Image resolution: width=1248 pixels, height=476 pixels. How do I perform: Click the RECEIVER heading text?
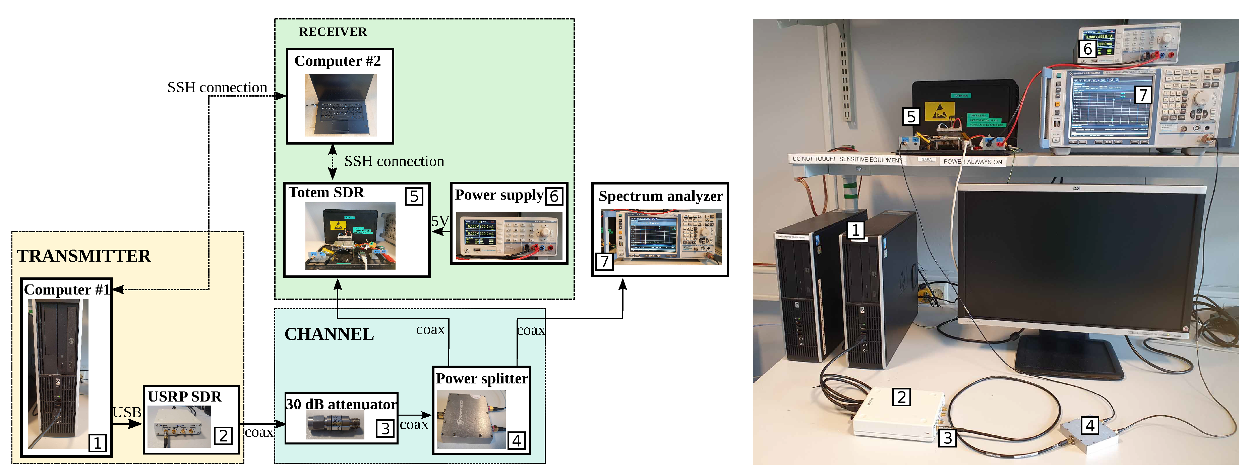333,32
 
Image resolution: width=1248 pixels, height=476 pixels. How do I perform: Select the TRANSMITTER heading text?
84,256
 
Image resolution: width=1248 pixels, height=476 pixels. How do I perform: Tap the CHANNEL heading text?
329,334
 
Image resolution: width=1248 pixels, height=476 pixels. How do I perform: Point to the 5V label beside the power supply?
440,221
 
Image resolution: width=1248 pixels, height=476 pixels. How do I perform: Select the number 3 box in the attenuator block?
385,428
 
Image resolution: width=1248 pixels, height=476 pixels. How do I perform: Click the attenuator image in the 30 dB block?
335,425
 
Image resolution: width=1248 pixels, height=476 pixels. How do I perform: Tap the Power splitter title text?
482,378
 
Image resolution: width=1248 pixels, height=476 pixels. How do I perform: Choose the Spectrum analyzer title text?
660,196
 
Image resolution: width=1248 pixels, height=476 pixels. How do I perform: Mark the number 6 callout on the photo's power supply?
1088,49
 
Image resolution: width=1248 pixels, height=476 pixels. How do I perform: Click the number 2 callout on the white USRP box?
901,397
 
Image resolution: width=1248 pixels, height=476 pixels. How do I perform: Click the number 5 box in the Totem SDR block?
414,196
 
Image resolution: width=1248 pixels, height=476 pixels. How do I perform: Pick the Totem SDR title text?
326,193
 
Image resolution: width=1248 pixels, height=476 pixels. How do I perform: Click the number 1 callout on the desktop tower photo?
855,230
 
